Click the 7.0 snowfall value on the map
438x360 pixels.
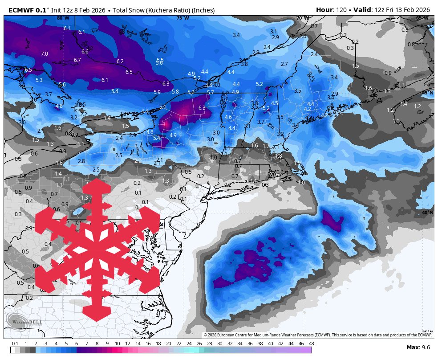pos(45,54)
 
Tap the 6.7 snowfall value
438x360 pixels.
pos(77,60)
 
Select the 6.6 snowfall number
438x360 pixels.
pos(85,52)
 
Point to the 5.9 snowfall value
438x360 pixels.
pos(157,92)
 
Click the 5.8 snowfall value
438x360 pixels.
pos(175,92)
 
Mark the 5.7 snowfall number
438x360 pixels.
pos(211,93)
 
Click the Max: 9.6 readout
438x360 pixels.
pos(418,347)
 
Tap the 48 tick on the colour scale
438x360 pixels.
pos(311,344)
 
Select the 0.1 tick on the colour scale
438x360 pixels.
pos(15,344)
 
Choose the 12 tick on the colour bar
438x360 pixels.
pos(127,344)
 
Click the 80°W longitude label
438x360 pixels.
pos(63,18)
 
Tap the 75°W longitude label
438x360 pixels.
pos(182,18)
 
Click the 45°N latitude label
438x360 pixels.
pos(427,93)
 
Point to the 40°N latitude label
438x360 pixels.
pos(427,213)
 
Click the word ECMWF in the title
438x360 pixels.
pos(21,10)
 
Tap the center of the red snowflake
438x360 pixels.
pos(97,250)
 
